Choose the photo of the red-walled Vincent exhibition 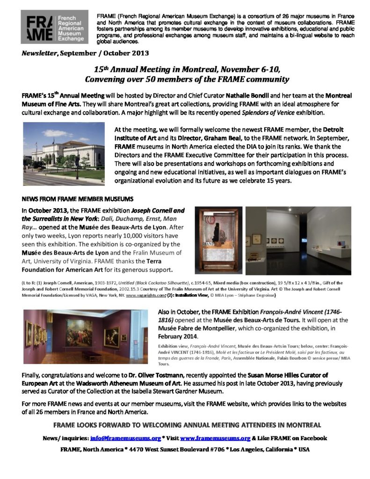point(86,336)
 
